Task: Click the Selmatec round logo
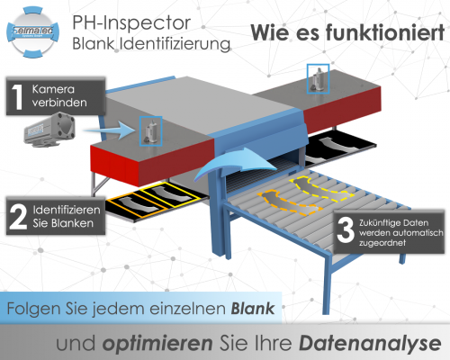tap(32, 32)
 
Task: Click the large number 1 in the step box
tap(19, 96)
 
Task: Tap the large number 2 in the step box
tap(18, 217)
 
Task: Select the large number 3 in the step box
tap(346, 230)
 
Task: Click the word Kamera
tap(53, 89)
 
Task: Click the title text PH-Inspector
tap(131, 22)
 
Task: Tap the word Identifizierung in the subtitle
tap(175, 44)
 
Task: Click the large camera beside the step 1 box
tap(49, 130)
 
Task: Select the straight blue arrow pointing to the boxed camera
tap(105, 130)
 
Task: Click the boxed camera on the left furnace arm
tap(151, 131)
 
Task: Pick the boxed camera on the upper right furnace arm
tap(318, 78)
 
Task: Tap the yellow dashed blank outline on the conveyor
tap(322, 188)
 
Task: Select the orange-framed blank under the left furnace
tap(137, 205)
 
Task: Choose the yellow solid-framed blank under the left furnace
tap(171, 194)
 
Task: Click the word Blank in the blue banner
tap(253, 309)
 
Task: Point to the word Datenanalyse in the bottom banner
tap(370, 344)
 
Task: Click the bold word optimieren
tap(157, 344)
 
